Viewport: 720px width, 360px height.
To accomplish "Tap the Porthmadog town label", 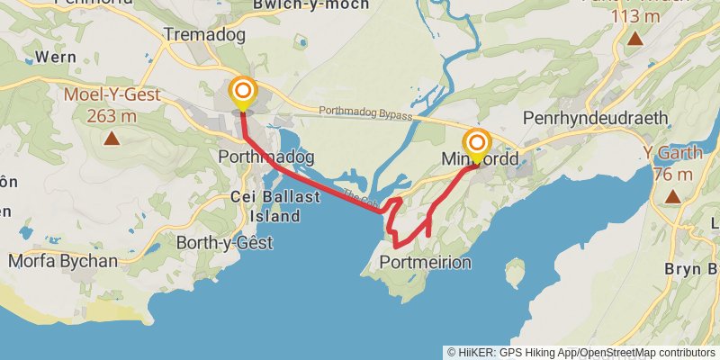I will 266,157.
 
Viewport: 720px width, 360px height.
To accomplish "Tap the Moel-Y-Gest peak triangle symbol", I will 111,138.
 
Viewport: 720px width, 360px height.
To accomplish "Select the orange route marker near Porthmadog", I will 243,91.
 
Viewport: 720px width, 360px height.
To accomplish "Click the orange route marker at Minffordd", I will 476,144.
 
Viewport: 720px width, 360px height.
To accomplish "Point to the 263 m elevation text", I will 112,115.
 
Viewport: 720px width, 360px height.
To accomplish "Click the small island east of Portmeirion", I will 515,270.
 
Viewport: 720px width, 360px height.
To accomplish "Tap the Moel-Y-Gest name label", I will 112,94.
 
